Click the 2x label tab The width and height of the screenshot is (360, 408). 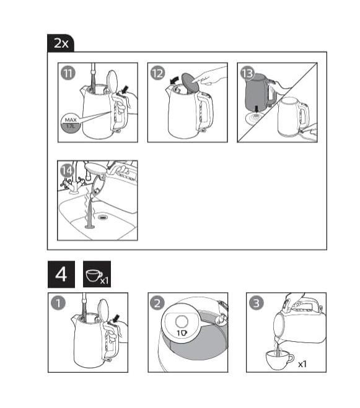tap(61, 43)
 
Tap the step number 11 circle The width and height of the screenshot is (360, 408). tap(68, 73)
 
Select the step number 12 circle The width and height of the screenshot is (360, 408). tap(157, 73)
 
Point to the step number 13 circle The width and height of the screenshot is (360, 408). tap(247, 73)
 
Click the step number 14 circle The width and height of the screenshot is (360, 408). tap(67, 171)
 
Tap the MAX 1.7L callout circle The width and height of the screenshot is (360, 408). tap(71, 123)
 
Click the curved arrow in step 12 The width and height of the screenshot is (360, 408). tap(174, 80)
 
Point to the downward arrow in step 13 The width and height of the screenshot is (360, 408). tap(257, 110)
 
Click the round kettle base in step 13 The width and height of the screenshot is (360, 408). tap(255, 118)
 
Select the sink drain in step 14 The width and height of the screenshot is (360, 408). tap(103, 217)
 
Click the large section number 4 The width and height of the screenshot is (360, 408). tap(61, 274)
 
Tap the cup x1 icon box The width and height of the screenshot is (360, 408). tap(97, 274)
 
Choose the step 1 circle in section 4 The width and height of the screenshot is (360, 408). tap(58, 303)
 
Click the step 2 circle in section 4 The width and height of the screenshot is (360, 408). tap(157, 303)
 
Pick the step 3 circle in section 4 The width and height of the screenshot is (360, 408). tap(257, 303)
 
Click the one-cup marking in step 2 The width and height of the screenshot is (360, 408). tap(182, 333)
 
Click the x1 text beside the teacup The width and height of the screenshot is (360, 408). tap(302, 364)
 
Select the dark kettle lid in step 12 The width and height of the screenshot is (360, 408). tap(190, 82)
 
